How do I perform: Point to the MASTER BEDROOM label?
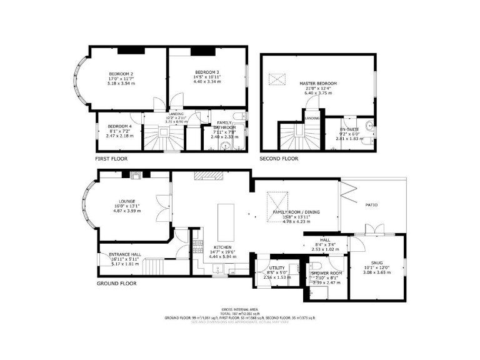click(317, 84)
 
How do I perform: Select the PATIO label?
click(372, 204)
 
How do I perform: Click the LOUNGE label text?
click(123, 201)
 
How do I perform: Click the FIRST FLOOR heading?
click(111, 159)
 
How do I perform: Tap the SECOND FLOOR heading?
click(279, 159)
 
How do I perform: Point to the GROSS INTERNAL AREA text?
click(239, 310)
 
